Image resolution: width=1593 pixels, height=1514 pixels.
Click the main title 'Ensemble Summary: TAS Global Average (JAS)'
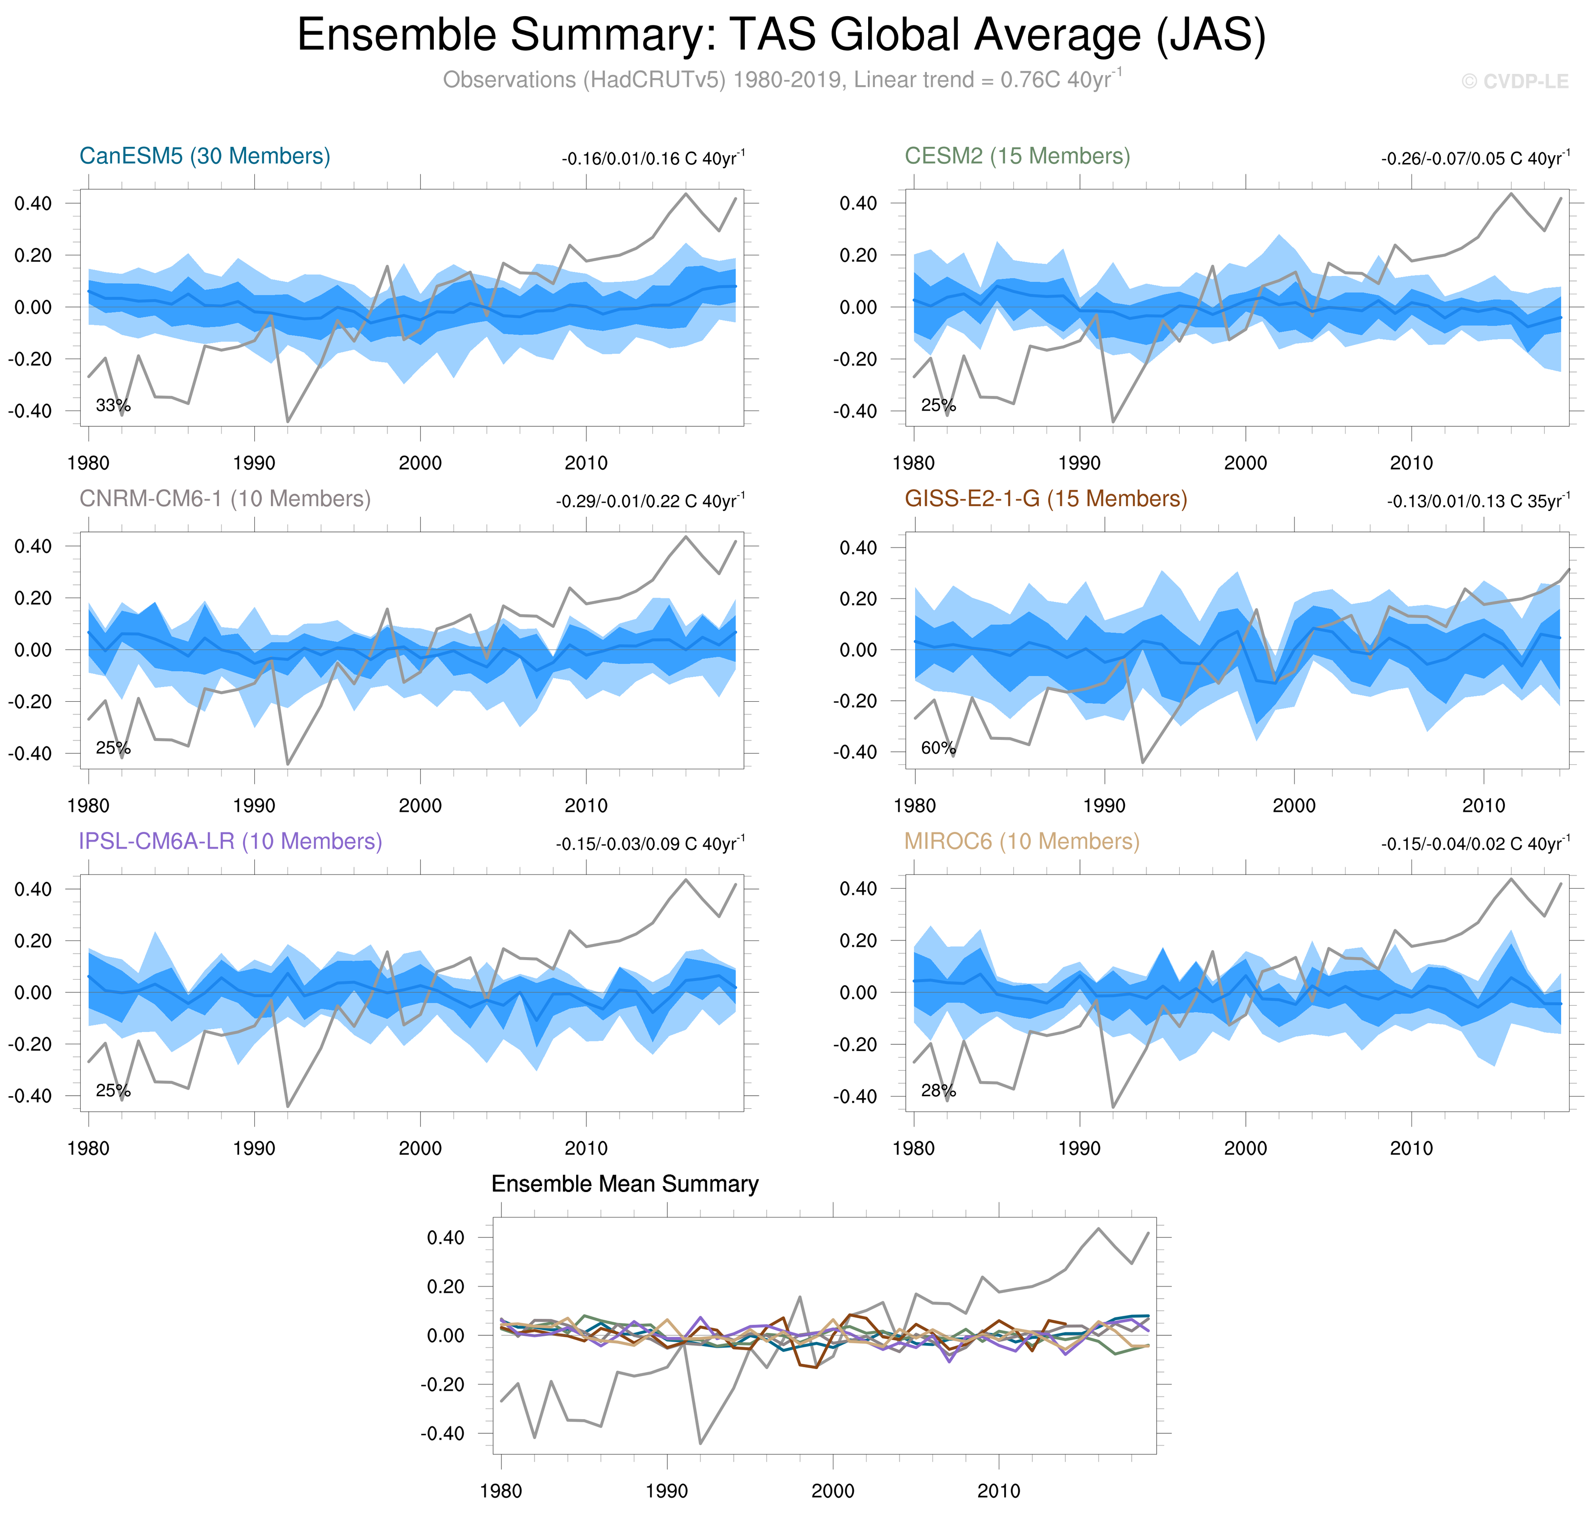coord(781,36)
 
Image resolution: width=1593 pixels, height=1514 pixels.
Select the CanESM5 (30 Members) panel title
coord(205,156)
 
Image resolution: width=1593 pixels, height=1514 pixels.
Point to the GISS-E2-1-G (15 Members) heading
coord(1045,499)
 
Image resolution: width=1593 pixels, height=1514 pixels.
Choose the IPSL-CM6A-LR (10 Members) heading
coord(230,841)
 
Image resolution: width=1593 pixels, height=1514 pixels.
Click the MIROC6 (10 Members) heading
coord(1021,841)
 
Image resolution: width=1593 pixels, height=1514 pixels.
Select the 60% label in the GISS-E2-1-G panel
coord(938,748)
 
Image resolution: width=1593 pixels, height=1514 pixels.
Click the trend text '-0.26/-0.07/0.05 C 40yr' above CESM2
coord(1475,158)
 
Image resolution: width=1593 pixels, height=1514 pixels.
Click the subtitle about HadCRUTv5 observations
coord(781,80)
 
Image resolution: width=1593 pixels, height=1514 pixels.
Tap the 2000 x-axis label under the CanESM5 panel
coord(420,463)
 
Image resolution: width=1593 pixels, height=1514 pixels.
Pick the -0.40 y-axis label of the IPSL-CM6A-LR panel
coord(30,1096)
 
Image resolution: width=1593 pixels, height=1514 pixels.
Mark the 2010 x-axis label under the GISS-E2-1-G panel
coord(1483,805)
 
